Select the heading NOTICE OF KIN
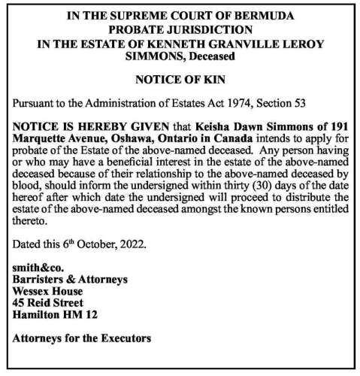[179, 77]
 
